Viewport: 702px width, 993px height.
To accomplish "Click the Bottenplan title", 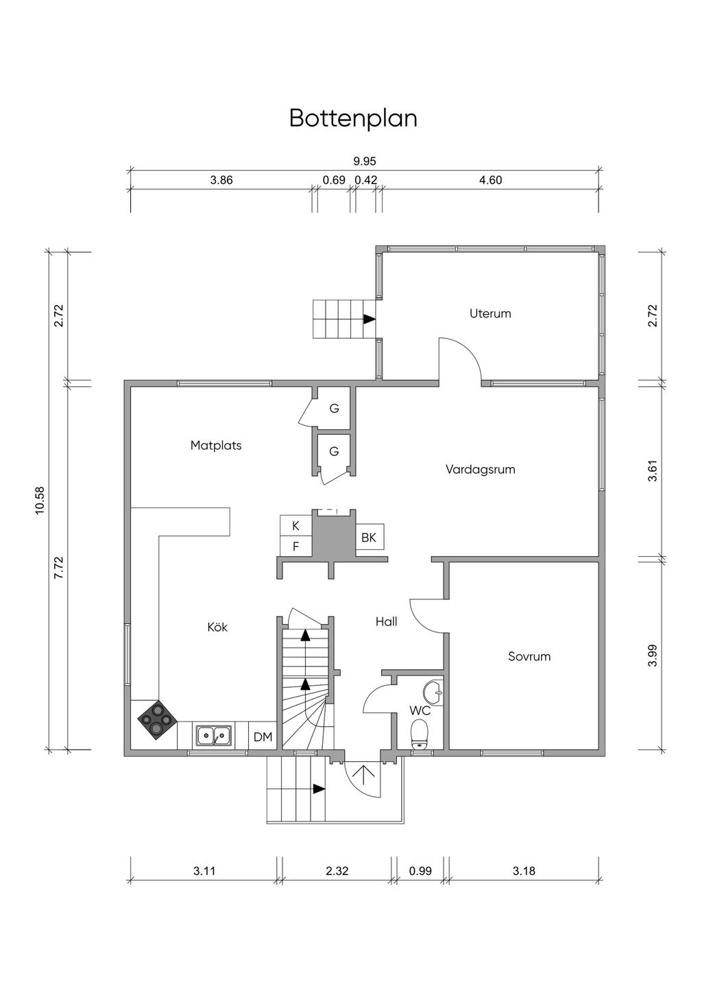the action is click(x=353, y=119).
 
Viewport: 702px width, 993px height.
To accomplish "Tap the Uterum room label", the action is click(x=490, y=313).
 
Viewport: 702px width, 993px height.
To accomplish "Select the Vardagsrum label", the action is click(x=481, y=469).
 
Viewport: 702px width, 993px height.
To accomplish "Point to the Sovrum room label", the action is click(x=529, y=656).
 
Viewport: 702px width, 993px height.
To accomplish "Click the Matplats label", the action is click(x=216, y=445).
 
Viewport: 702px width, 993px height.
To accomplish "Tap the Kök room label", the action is click(x=217, y=627).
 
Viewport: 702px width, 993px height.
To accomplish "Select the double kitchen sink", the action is click(x=215, y=736).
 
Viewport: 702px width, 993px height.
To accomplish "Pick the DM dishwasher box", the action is click(x=263, y=737).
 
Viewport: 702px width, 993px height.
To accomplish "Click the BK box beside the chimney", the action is click(x=370, y=537).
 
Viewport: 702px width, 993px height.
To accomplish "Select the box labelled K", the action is click(x=295, y=525).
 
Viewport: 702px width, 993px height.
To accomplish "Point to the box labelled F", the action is click(x=295, y=546).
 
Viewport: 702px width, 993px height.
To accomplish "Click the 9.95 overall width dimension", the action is click(x=364, y=161).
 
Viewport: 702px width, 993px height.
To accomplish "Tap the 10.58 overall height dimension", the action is click(x=40, y=500).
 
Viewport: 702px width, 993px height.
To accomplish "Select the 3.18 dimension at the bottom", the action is click(x=524, y=871).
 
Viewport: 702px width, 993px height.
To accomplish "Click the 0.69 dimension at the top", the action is click(x=334, y=180).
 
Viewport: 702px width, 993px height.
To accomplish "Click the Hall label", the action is click(x=386, y=621).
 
